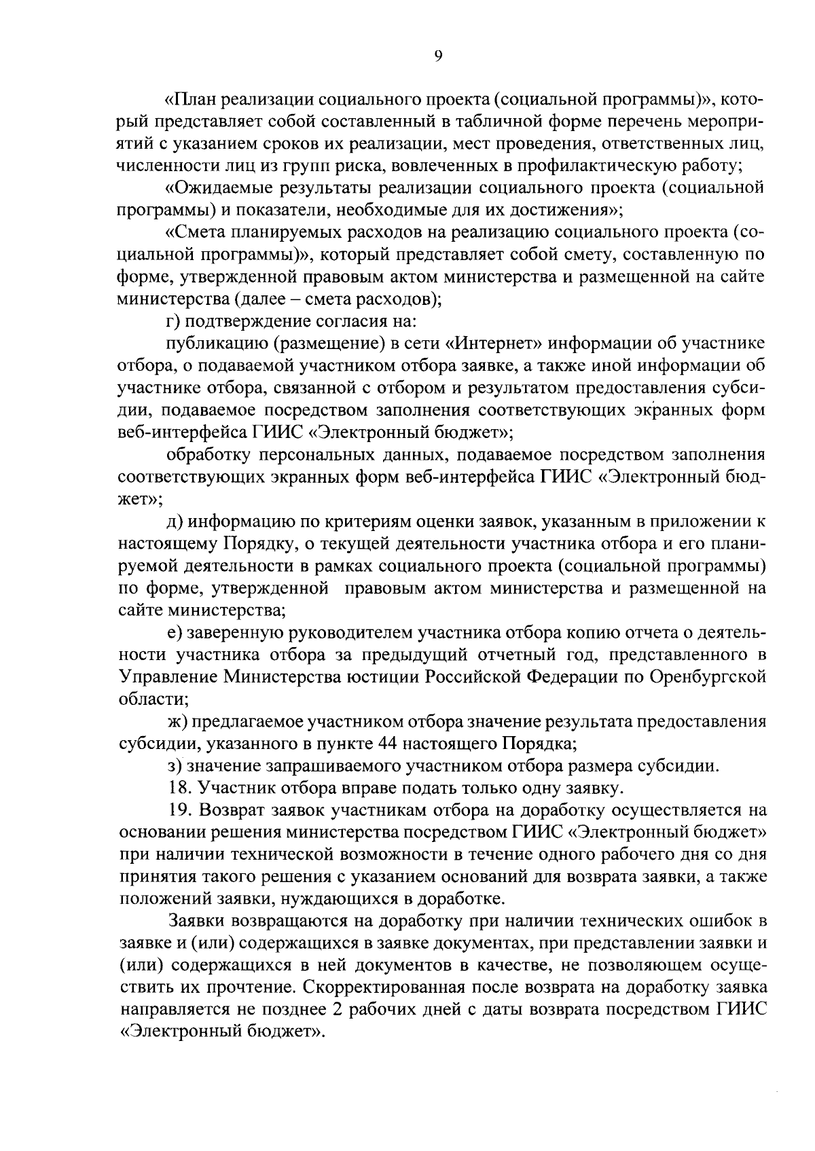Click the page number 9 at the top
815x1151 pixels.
437,57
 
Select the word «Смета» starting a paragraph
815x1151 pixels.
200,232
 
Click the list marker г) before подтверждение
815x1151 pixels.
173,321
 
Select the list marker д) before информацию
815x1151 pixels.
174,522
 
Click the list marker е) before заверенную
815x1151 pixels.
173,633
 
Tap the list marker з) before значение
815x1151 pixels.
173,766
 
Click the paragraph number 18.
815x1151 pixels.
176,788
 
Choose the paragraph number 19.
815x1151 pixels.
176,811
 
